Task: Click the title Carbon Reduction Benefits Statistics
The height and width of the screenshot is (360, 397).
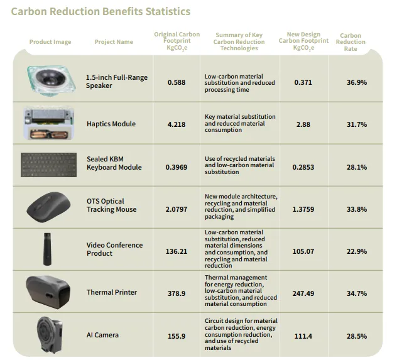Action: tap(101, 11)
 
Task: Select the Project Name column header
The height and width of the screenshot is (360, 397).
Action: tap(114, 42)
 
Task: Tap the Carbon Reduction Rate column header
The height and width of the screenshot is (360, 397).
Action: tap(351, 42)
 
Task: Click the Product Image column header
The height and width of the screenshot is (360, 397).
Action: tap(50, 42)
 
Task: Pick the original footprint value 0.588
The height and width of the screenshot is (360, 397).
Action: tap(177, 82)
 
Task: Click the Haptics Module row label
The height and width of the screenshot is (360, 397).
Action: tap(111, 124)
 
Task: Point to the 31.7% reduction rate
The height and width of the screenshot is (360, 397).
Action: tap(357, 124)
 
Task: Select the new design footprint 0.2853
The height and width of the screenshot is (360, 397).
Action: tap(303, 167)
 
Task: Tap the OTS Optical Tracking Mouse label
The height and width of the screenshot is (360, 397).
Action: tap(111, 205)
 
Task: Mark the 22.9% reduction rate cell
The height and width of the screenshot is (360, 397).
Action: tap(357, 251)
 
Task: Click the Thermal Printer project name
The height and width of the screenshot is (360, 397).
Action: tap(112, 292)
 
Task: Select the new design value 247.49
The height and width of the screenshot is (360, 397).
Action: tap(303, 293)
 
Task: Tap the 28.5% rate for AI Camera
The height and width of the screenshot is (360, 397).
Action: tap(357, 336)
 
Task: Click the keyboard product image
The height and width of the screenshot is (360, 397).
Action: tap(49, 164)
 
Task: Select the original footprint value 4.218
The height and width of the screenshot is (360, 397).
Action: tap(177, 124)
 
